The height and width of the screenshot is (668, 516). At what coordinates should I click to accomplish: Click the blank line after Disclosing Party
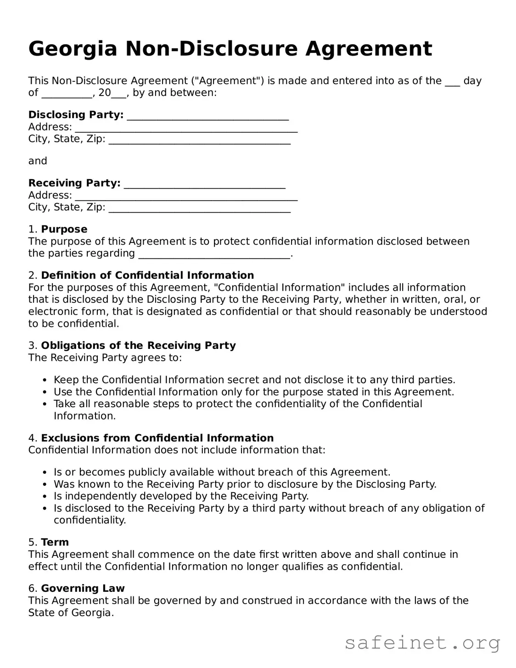[x=208, y=115]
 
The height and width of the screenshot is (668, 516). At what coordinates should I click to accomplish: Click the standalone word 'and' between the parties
[x=38, y=161]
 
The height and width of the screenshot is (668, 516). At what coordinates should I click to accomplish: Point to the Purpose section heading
[x=64, y=229]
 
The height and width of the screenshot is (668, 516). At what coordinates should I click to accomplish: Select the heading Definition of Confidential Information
[x=147, y=275]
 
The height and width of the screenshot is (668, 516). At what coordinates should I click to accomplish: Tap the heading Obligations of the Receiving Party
[x=138, y=345]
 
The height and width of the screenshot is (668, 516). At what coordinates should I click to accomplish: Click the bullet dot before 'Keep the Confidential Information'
[x=45, y=381]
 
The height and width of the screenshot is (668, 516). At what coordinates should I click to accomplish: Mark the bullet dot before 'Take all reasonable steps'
[x=45, y=404]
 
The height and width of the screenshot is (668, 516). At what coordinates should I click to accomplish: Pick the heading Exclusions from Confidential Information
[x=157, y=438]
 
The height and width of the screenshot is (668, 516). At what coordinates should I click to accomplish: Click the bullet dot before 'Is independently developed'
[x=45, y=497]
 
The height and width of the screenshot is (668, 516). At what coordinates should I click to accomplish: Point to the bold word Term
[x=55, y=542]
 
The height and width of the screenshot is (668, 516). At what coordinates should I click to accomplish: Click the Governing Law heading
[x=83, y=589]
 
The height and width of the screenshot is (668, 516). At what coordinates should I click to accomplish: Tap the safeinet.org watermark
[x=422, y=643]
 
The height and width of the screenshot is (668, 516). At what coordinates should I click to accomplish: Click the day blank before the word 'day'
[x=452, y=82]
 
